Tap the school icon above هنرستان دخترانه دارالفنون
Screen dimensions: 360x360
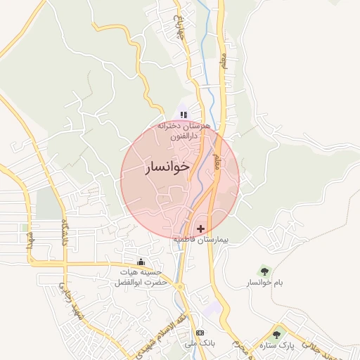pos(184,114)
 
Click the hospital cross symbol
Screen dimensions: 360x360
pos(202,229)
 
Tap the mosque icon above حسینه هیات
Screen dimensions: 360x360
pos(149,262)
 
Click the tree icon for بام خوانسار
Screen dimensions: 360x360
pos(264,270)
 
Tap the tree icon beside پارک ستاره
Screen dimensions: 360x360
pos(276,335)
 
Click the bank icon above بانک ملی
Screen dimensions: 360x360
pos(200,333)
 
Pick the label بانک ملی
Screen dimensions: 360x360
pos(199,344)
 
